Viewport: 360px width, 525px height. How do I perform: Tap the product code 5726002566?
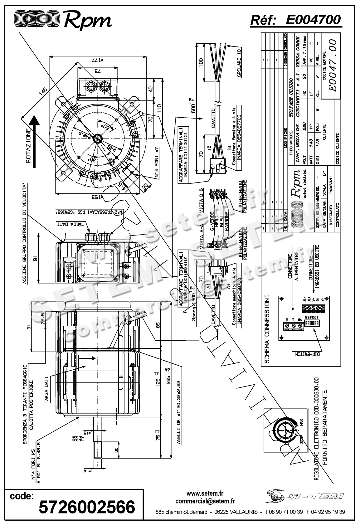coord(87,507)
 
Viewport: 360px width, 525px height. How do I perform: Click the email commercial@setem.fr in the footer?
coord(205,501)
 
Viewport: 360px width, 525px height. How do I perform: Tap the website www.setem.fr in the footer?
coord(205,493)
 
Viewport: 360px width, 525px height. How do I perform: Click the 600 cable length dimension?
coord(194,106)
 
